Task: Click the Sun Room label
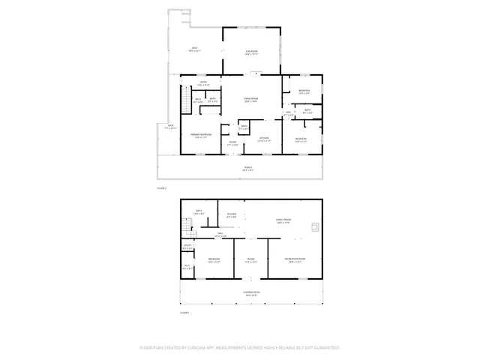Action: tap(252, 52)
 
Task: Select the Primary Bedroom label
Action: tap(200, 136)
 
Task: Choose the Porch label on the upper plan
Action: tap(247, 169)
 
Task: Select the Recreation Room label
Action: tap(293, 260)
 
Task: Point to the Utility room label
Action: tap(188, 247)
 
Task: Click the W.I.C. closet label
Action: tap(187, 266)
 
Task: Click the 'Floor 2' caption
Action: tap(161, 188)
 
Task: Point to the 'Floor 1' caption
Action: tap(184, 312)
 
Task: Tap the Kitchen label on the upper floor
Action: tap(264, 139)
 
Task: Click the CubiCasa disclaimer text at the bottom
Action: tap(240, 348)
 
